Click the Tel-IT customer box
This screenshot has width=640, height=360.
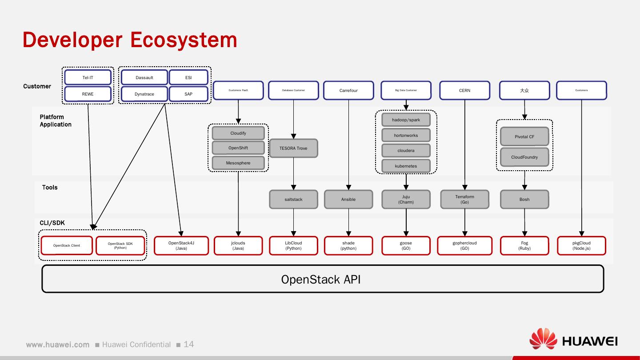(88, 77)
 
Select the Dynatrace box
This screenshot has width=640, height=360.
(144, 94)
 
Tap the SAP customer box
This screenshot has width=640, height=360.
(188, 94)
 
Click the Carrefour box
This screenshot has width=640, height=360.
(348, 91)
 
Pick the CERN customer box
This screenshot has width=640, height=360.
(464, 91)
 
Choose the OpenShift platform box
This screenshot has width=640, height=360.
(238, 148)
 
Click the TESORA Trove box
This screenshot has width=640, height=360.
(293, 148)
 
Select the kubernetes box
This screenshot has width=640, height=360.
(406, 166)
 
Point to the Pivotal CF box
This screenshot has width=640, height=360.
(524, 137)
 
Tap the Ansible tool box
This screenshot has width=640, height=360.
(348, 200)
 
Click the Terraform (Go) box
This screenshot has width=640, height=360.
(464, 200)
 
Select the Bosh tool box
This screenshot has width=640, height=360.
(524, 200)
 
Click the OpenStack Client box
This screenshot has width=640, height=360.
(67, 246)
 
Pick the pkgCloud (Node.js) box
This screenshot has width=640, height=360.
(581, 246)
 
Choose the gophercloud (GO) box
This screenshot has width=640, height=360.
(464, 246)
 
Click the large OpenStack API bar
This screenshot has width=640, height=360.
(323, 279)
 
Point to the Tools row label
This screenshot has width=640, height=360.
(50, 188)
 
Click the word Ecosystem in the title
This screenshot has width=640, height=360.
(184, 40)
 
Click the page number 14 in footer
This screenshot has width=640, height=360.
(189, 344)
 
